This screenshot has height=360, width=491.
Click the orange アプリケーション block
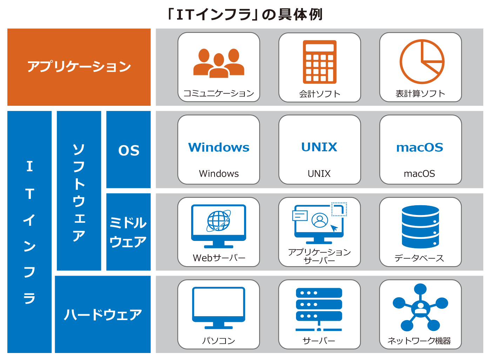(x=79, y=67)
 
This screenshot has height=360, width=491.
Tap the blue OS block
(x=128, y=150)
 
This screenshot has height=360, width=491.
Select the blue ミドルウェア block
(x=128, y=232)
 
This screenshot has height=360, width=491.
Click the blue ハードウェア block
(x=103, y=314)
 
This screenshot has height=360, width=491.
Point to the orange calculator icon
(x=320, y=62)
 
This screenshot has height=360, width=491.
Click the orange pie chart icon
(x=422, y=62)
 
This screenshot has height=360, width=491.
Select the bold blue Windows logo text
(x=219, y=147)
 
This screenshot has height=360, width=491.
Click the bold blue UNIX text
(x=319, y=147)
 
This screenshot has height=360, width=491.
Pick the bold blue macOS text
(x=420, y=147)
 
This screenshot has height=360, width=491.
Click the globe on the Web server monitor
(x=218, y=221)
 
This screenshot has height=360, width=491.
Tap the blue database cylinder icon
(x=420, y=227)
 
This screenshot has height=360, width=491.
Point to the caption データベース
(x=419, y=258)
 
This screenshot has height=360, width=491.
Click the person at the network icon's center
(x=420, y=309)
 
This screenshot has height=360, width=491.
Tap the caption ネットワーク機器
(x=419, y=341)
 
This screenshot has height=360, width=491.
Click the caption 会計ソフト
(x=320, y=94)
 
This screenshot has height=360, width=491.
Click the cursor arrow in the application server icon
(x=334, y=228)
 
